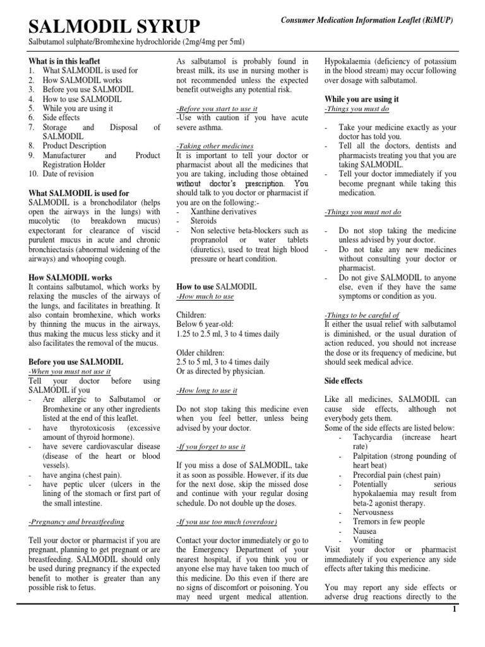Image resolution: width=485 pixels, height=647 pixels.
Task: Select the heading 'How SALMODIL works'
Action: point(71,277)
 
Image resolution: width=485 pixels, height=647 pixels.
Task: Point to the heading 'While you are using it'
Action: point(362,99)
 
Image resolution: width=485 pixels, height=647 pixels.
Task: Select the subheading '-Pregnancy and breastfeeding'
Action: point(76,522)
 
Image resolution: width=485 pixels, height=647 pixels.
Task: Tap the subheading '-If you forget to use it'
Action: point(211,447)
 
